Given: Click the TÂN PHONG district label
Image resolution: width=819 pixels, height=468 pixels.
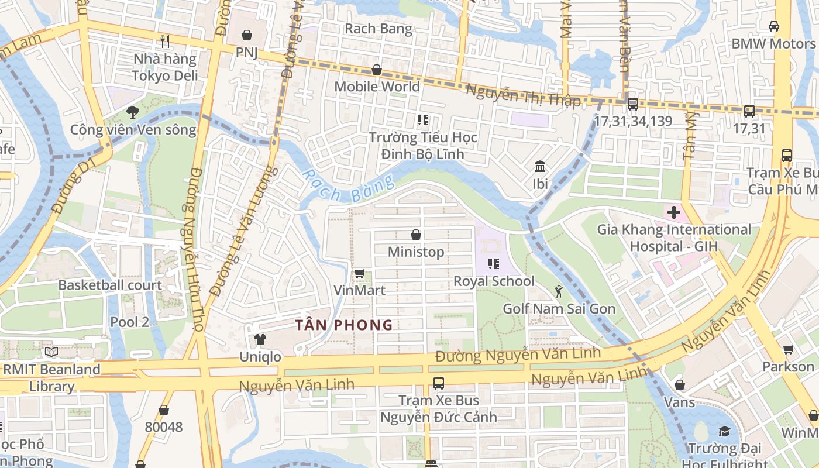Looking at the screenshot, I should (x=343, y=325).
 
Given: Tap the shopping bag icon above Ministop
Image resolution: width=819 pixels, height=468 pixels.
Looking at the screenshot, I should (x=416, y=235).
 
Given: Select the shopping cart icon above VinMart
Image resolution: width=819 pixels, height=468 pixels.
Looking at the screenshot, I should (x=360, y=274).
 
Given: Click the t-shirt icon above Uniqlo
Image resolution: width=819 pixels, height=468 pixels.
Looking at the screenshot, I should (x=260, y=339).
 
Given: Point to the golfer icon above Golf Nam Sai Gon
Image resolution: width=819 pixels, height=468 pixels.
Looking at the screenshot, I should (x=559, y=291).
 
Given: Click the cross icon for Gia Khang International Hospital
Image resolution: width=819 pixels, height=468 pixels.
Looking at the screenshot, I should (x=674, y=212).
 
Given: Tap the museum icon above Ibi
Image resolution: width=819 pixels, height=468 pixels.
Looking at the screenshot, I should (x=540, y=167).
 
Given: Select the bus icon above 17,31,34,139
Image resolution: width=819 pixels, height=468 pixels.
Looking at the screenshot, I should (x=632, y=104).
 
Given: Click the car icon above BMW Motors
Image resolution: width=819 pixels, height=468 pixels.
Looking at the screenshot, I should (x=773, y=26).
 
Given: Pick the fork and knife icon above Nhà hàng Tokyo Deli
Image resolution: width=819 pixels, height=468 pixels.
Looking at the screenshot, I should (x=165, y=41).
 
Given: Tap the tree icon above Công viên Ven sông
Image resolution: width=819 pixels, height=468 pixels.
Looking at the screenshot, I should (x=133, y=112).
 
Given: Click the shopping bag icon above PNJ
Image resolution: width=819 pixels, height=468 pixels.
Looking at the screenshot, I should (x=247, y=36).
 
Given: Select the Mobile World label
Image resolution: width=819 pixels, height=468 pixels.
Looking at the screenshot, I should (x=377, y=87).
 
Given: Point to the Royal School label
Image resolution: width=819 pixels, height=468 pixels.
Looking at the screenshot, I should (x=494, y=281).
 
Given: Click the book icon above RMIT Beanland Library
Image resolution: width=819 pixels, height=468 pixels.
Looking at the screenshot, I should (x=51, y=352).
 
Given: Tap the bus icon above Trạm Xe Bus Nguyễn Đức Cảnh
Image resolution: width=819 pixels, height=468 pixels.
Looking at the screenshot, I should (x=438, y=383).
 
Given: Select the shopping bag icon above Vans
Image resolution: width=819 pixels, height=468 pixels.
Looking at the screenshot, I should (x=679, y=385).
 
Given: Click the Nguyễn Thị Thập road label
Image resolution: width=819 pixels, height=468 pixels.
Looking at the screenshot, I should (x=524, y=95).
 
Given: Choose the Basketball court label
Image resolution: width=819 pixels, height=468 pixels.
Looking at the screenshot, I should (x=110, y=285).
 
